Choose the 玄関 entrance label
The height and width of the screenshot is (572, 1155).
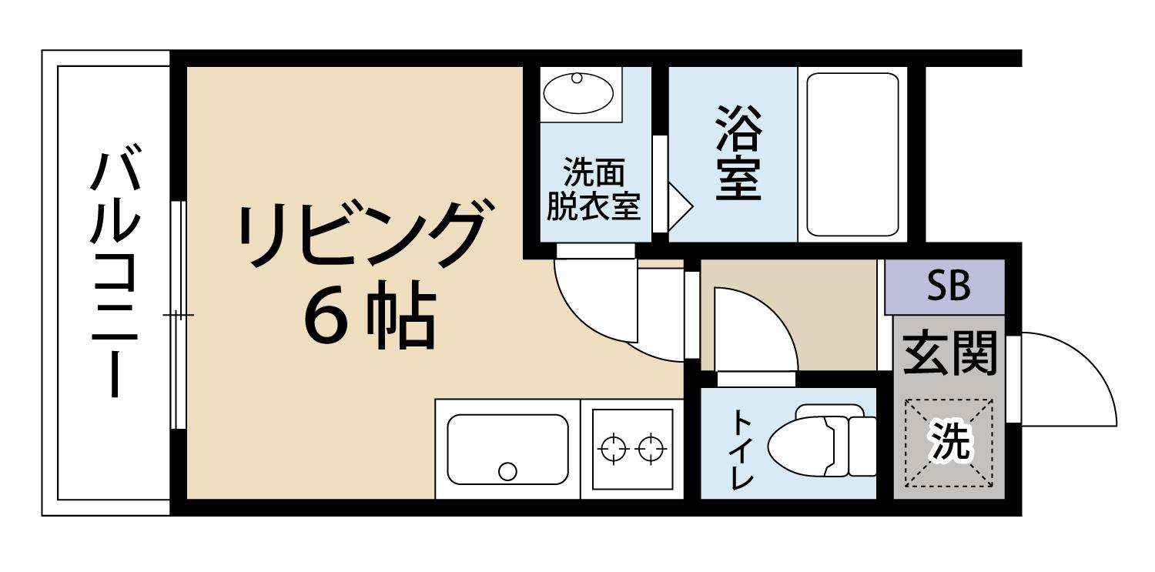click(x=949, y=353)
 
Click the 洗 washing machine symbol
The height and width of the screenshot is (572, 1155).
click(x=949, y=443)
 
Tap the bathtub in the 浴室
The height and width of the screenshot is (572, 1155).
click(x=852, y=154)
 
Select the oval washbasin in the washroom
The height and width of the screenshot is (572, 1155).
click(x=578, y=93)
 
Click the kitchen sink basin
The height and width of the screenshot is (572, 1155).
click(x=507, y=449)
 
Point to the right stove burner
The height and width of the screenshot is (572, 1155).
click(x=654, y=448)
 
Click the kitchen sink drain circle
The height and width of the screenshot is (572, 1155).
click(x=507, y=470)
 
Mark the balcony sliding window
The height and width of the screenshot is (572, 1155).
click(x=178, y=316)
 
